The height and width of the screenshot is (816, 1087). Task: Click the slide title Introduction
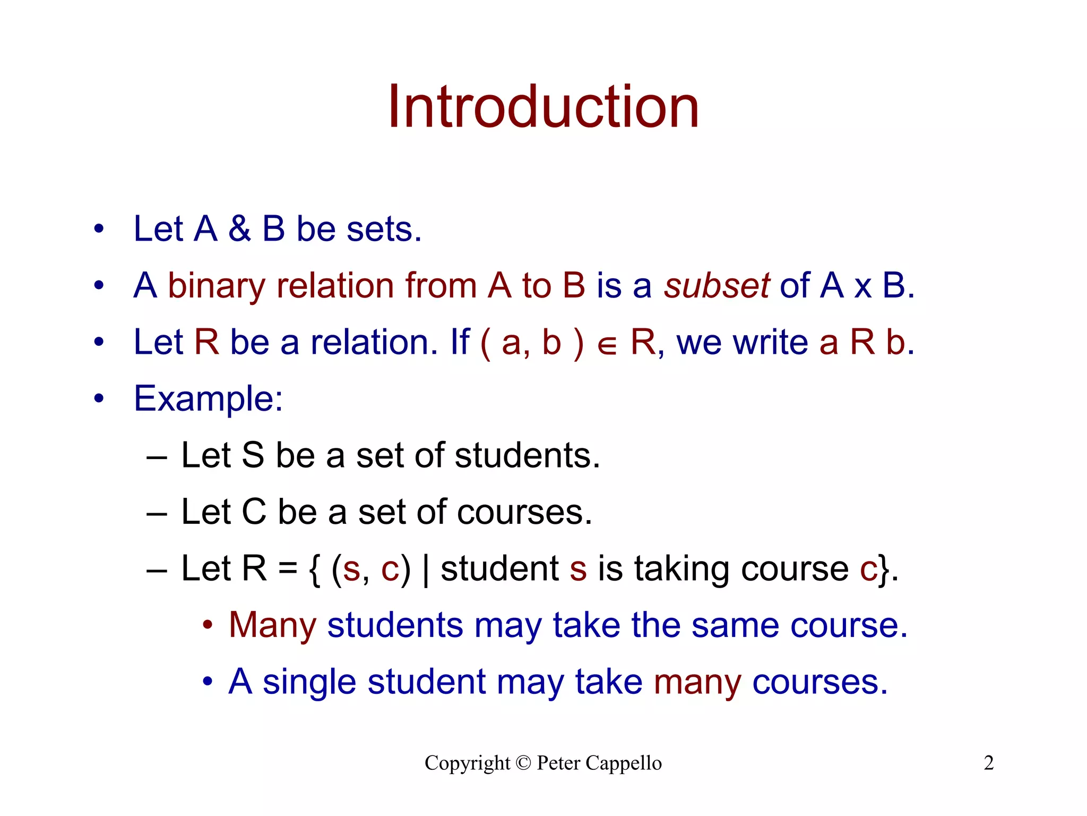point(543,107)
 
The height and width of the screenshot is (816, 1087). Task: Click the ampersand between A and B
point(240,229)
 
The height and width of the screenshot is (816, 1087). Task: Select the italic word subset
point(717,286)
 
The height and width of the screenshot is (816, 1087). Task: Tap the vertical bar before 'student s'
point(426,570)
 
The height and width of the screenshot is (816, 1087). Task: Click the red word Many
point(273,625)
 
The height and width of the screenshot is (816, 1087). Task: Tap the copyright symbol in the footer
point(523,763)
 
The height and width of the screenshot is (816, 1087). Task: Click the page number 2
point(989,763)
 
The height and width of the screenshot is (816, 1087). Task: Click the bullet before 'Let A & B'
point(99,229)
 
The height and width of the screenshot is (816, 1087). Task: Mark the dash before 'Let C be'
point(157,514)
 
